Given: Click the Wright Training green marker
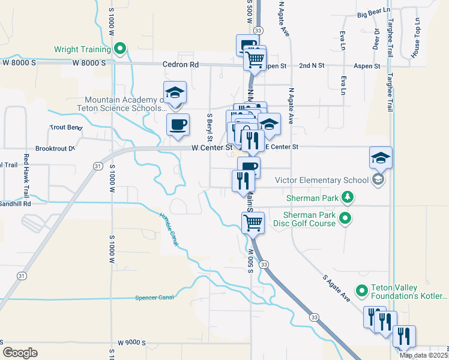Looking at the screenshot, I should (x=119, y=49).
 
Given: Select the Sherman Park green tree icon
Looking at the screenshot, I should (x=347, y=197).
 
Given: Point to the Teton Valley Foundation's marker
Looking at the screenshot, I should (x=361, y=291).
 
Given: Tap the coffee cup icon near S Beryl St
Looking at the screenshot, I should (x=178, y=125).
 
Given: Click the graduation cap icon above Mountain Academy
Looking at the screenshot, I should (x=175, y=92).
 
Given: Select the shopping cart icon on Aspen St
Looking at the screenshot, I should (x=255, y=59).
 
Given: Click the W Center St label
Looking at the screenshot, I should (x=211, y=147).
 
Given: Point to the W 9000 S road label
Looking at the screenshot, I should (x=132, y=342).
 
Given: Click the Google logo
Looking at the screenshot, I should (x=20, y=352).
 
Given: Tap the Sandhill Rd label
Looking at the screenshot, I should (x=15, y=203).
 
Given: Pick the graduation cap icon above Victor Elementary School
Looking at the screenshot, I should (x=381, y=158).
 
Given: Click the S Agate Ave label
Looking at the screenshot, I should (x=336, y=287).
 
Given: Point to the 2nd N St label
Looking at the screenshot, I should (x=312, y=65).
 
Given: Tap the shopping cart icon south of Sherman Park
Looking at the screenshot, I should (x=253, y=223).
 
